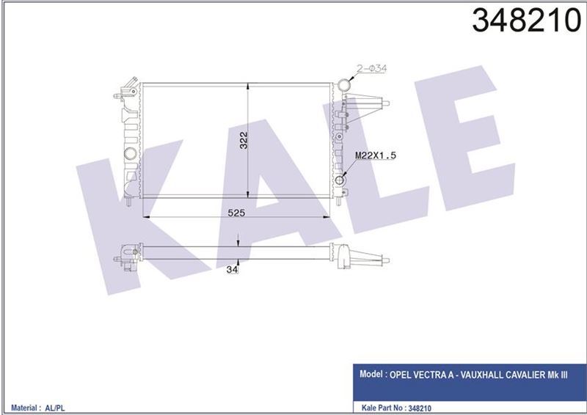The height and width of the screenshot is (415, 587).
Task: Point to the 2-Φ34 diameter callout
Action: click(x=373, y=68)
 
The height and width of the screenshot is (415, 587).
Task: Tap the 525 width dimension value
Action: click(x=235, y=213)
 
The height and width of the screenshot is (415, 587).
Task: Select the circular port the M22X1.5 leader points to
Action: click(x=340, y=180)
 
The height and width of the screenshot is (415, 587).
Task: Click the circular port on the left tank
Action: click(x=130, y=154)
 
